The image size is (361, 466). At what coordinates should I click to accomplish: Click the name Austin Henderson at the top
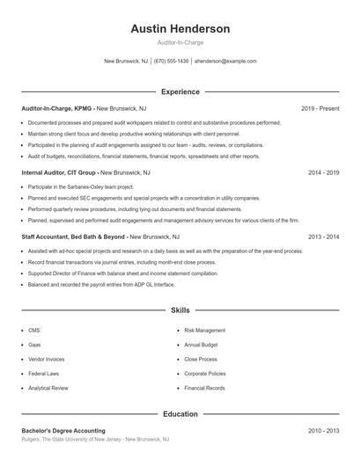coord(180,29)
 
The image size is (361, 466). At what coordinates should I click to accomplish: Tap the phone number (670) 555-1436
coord(171,62)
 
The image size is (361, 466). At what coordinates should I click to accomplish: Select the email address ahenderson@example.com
coord(225,62)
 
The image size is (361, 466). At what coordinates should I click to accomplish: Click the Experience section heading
coord(180,91)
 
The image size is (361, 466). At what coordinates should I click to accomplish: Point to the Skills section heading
coord(180,310)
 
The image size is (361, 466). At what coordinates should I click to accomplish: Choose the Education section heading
coord(180,413)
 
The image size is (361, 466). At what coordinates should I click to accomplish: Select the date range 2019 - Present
coord(320,108)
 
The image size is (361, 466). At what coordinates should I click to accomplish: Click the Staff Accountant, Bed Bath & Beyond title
coord(74,237)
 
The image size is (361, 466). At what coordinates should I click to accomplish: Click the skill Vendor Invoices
coord(46,359)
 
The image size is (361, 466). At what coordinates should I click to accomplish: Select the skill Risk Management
coord(204,330)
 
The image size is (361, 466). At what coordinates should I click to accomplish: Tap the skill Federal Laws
coord(43,373)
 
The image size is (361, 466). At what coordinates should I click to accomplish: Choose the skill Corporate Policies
coord(205,373)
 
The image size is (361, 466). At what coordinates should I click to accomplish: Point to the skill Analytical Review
coord(48,388)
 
